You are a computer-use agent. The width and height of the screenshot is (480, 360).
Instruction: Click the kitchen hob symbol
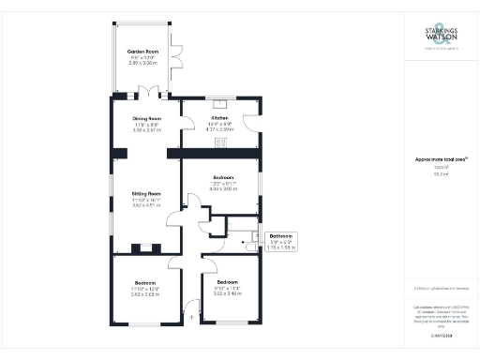pyautogui.click(x=222, y=142)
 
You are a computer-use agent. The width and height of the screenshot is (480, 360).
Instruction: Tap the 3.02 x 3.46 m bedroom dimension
pyautogui.click(x=228, y=293)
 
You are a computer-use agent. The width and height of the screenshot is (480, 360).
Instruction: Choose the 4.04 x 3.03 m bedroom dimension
pyautogui.click(x=223, y=188)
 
